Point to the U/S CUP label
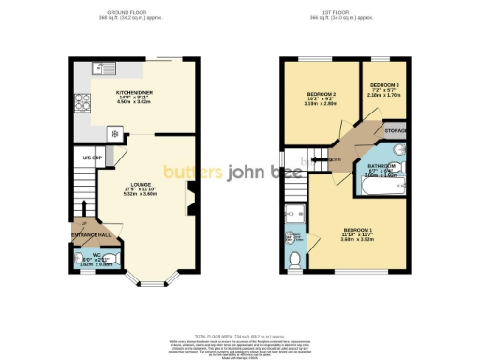[x=91, y=157]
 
